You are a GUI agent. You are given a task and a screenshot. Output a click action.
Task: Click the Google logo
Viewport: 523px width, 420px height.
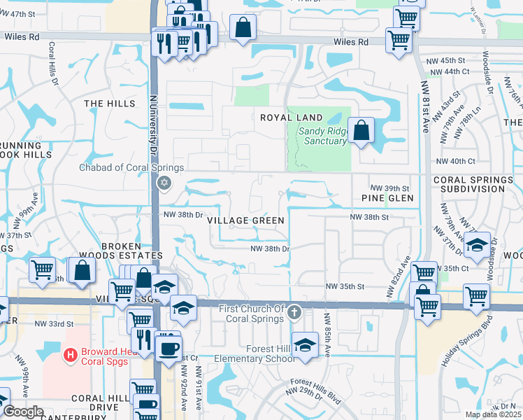tap(23, 412)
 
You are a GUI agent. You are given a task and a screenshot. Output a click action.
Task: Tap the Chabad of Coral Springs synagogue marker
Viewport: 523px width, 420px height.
tap(164, 183)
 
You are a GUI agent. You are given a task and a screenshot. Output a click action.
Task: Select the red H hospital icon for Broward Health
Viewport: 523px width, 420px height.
tap(70, 356)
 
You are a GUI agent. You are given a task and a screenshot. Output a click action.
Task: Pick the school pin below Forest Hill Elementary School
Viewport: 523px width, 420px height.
tap(305, 346)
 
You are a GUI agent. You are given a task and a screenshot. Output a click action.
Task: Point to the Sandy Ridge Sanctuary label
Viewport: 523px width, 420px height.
tap(322, 136)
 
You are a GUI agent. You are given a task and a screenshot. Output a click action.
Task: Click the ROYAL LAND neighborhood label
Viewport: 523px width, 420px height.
tap(292, 118)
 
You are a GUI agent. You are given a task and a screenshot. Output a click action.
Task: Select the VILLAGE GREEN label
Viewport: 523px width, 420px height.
tap(245, 220)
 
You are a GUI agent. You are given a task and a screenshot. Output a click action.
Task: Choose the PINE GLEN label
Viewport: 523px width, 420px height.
tap(392, 199)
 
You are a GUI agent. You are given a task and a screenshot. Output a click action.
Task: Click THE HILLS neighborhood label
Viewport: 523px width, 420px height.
tap(109, 104)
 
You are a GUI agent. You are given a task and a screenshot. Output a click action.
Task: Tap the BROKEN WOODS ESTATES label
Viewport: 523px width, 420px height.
tap(131, 251)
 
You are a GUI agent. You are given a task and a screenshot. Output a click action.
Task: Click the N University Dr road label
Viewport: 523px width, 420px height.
tap(152, 126)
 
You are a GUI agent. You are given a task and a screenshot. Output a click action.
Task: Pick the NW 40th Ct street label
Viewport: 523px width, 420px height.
tap(455, 161)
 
